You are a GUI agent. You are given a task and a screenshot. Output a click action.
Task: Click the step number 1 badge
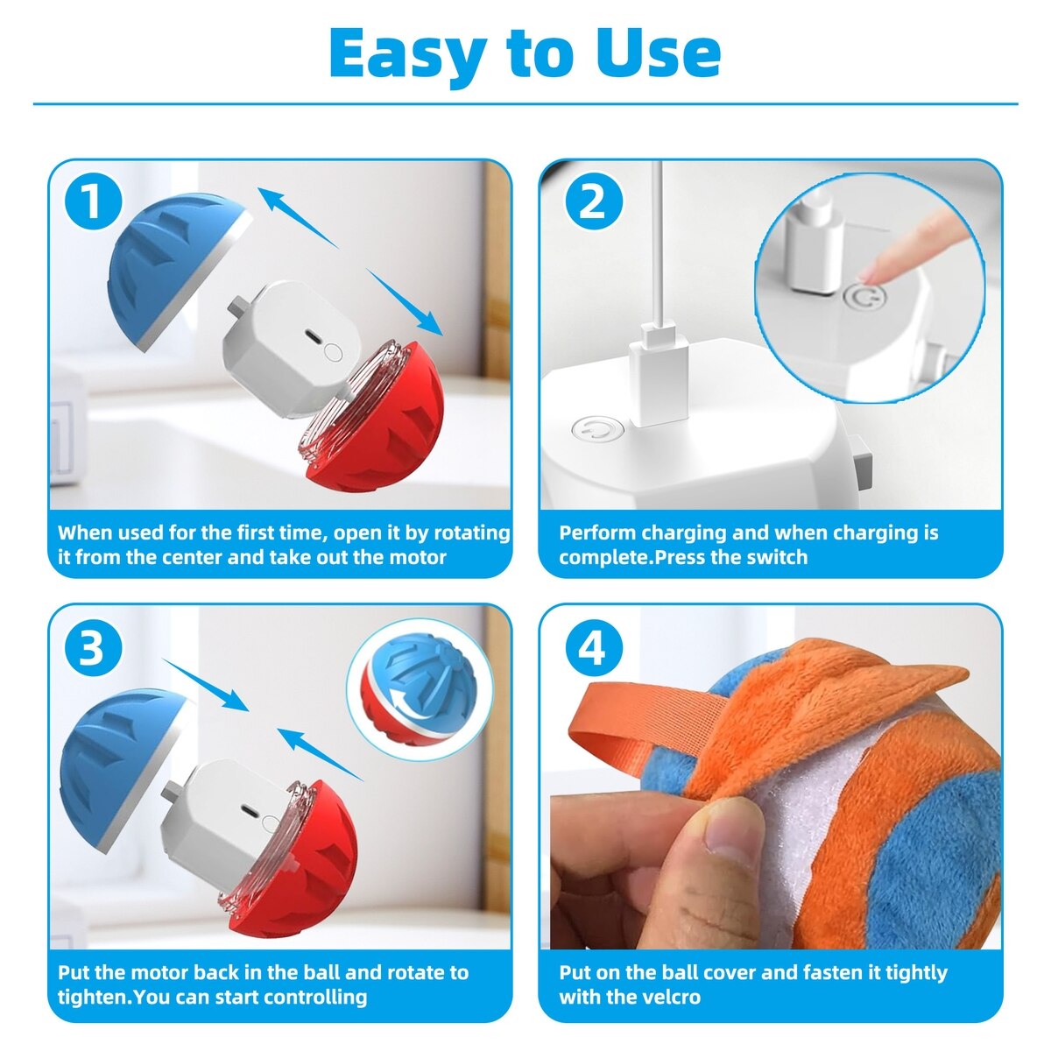tap(93, 202)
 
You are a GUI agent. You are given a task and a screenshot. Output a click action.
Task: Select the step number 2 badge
tap(592, 202)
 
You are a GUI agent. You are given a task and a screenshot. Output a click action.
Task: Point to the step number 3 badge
tap(93, 648)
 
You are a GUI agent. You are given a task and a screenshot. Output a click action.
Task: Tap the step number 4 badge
tap(592, 648)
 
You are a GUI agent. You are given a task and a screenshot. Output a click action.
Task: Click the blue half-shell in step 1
tap(174, 267)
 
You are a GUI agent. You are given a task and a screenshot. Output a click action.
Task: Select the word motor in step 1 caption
tap(418, 557)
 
